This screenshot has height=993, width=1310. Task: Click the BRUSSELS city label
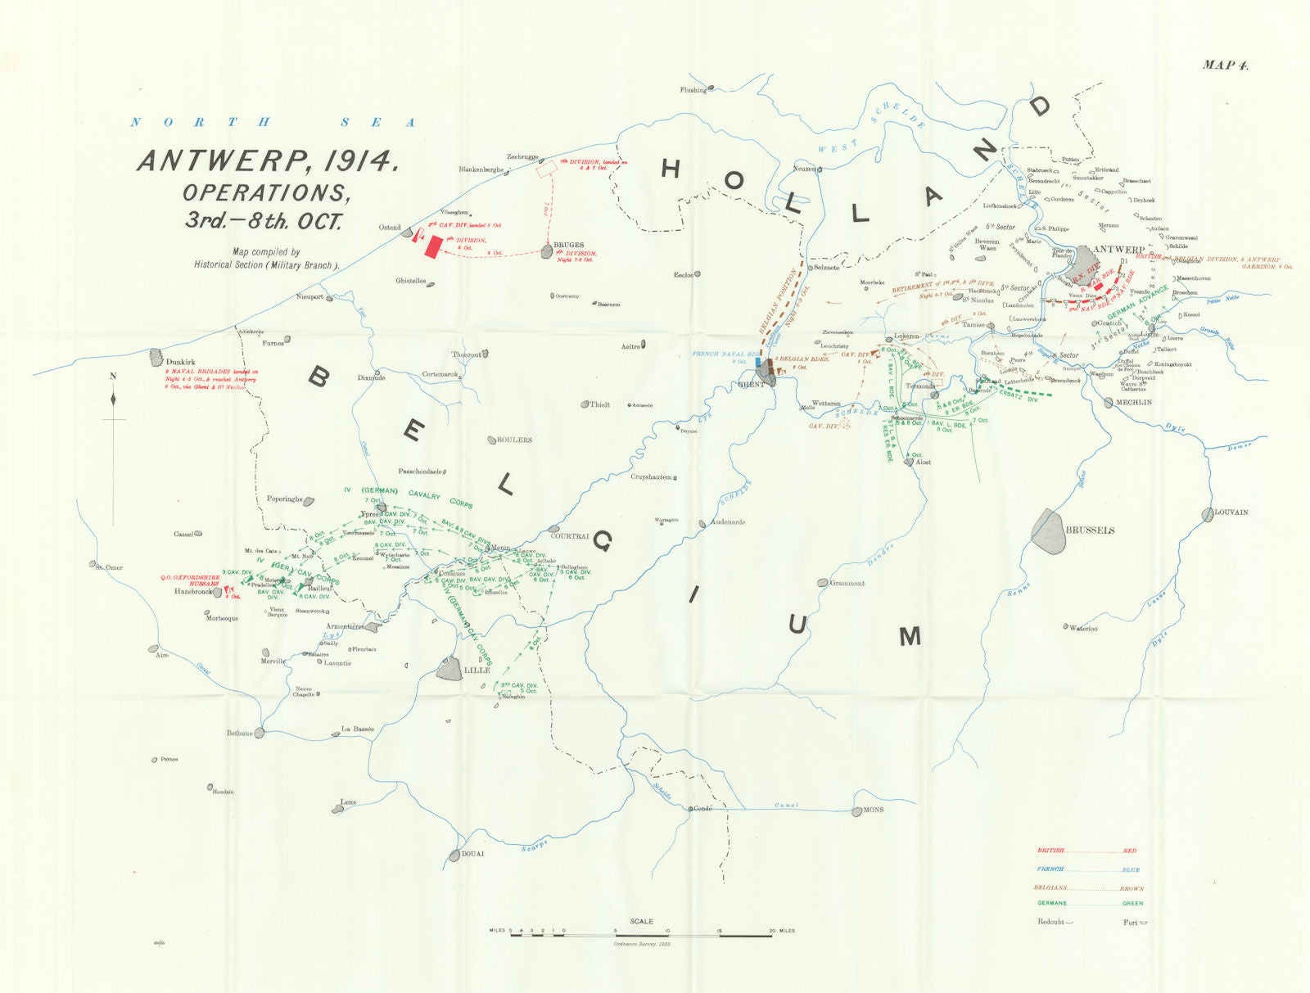tap(1090, 530)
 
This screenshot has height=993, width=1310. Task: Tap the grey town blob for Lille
tap(449, 668)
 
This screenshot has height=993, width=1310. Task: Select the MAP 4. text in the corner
tap(1225, 65)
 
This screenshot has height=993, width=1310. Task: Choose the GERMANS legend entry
tap(1052, 903)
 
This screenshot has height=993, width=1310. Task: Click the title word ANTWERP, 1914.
tap(269, 160)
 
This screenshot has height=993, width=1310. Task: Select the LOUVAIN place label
tap(1231, 512)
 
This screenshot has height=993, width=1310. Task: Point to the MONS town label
tap(874, 810)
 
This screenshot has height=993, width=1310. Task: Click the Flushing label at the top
tap(693, 90)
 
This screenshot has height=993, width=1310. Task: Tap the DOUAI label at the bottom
tap(472, 854)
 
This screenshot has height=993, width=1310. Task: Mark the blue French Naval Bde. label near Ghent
tap(719, 357)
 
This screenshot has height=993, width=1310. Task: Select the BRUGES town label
tap(569, 245)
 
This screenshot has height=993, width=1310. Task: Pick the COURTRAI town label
tap(570, 536)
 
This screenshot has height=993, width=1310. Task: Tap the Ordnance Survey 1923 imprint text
tap(642, 944)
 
